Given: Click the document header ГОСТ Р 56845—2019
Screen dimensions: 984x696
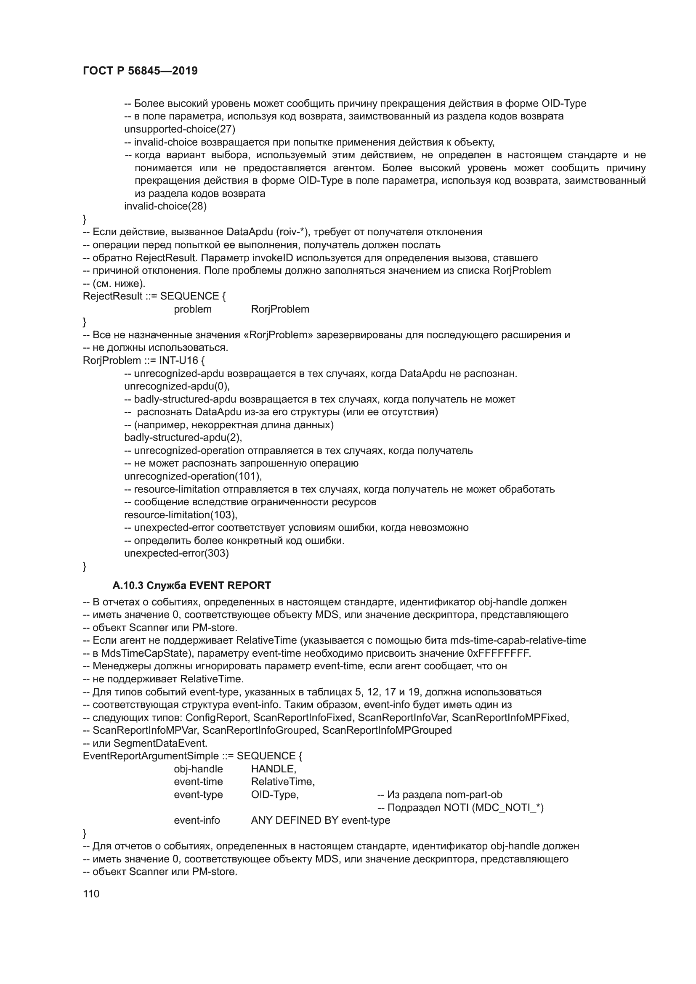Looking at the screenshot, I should pos(140,71).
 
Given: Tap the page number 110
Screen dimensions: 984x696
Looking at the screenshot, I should pos(91,894).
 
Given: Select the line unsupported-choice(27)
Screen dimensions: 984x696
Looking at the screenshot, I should pos(180,129).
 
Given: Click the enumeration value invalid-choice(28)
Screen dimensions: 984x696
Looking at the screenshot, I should pos(165,206).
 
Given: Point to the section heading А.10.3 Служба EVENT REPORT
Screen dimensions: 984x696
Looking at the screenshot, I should pos(191,586).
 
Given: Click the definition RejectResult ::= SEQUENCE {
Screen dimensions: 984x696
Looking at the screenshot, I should pos(154,296).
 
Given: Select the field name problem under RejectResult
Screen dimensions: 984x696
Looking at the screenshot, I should pos(192,309).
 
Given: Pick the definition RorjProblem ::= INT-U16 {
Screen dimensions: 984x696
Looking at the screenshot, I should pos(146,361).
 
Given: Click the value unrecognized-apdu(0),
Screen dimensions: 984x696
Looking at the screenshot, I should pos(177,386).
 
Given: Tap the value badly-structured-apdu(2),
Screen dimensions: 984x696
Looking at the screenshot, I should pos(183,438).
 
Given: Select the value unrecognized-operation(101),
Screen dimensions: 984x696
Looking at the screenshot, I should pos(193,476).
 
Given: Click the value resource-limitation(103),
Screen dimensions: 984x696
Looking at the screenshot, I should pos(181,515).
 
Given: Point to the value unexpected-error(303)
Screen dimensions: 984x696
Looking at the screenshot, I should pos(177,553).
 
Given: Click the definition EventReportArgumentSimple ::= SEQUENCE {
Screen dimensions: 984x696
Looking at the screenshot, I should pos(192,756).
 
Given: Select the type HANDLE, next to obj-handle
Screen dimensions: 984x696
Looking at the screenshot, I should pos(274,769).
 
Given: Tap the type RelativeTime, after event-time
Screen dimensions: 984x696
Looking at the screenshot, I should pos(283,782).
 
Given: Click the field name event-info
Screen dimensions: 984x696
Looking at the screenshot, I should pos(197,820).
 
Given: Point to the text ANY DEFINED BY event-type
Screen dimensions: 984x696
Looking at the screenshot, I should pos(321,820).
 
